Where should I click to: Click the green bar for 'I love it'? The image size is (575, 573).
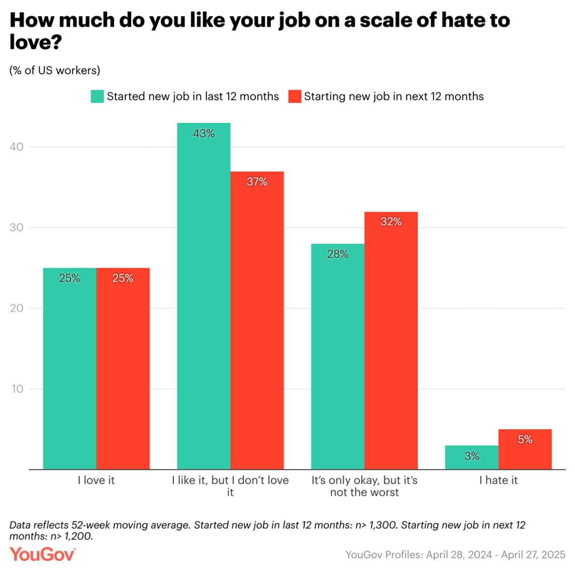[70, 368]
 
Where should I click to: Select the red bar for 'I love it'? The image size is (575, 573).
[123, 368]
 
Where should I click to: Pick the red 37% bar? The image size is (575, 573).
[257, 320]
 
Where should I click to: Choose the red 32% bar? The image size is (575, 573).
[391, 340]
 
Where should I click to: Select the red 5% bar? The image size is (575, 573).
[525, 449]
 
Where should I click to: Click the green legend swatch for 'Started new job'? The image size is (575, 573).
[97, 96]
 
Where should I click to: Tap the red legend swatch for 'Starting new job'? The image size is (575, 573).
[295, 96]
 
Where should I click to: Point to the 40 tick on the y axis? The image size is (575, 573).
[17, 147]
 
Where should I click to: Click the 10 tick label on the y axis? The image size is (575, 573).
[17, 389]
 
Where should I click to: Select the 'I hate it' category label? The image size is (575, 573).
[498, 480]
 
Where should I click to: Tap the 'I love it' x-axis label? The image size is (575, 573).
[96, 480]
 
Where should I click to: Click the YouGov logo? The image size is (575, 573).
[42, 554]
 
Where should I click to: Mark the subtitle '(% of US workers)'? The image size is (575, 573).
[55, 71]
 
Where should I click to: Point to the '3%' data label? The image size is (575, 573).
[472, 456]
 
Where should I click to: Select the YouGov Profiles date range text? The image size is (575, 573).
[455, 554]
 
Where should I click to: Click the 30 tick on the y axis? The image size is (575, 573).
[17, 227]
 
